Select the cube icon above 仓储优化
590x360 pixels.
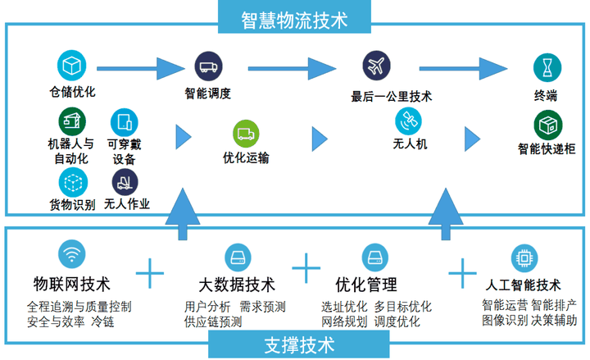pos(71,65)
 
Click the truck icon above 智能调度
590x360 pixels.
pos(209,65)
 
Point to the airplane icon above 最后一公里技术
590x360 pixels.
pos(377,65)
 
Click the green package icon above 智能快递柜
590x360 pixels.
pos(547,125)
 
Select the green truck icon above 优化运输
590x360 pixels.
pos(246,132)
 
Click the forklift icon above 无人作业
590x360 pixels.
pos(125,181)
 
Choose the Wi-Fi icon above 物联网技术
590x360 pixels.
pos(72,257)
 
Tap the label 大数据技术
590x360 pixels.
pos(237,285)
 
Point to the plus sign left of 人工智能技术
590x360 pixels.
pos(463,271)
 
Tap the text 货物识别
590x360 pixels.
pos(72,203)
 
